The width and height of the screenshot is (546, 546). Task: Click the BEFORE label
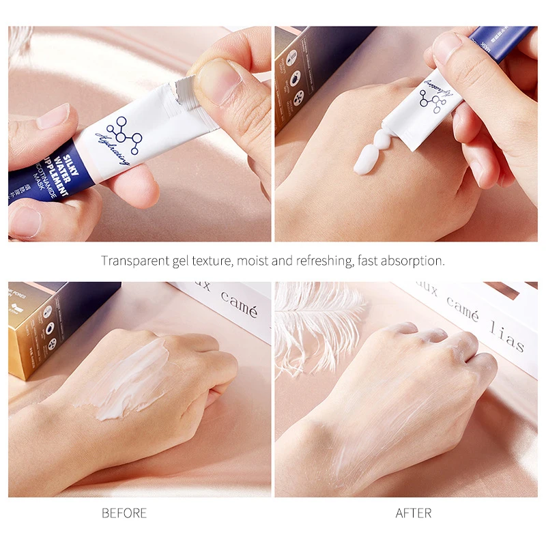(x=124, y=513)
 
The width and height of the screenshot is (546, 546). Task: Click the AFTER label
(x=413, y=513)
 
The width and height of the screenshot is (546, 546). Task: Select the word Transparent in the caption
(x=131, y=261)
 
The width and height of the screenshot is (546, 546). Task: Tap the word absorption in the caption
(x=413, y=261)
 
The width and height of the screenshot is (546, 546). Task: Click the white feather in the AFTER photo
(x=314, y=321)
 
